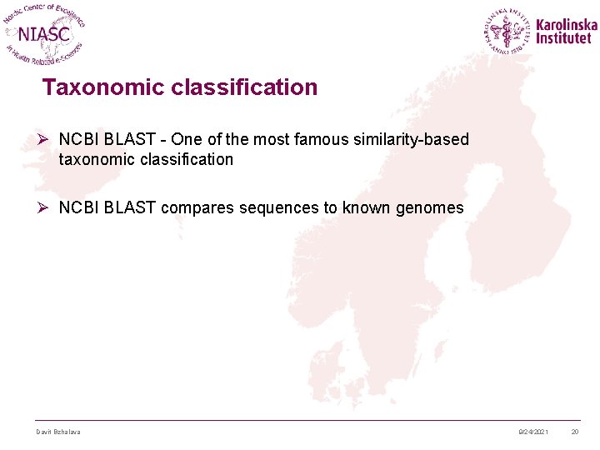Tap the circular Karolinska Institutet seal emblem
507,32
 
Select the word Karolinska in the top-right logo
566,25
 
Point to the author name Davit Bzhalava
58,432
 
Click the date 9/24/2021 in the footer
533,432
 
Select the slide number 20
575,432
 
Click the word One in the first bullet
186,139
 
